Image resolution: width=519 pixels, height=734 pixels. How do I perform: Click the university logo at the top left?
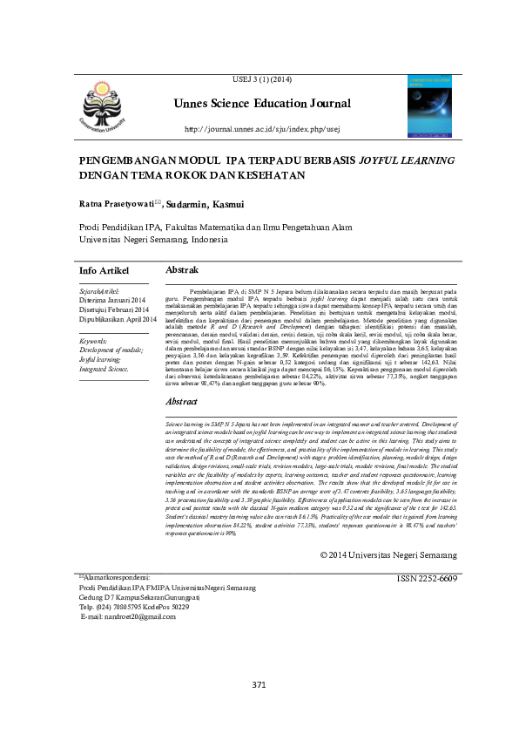pyautogui.click(x=104, y=108)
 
